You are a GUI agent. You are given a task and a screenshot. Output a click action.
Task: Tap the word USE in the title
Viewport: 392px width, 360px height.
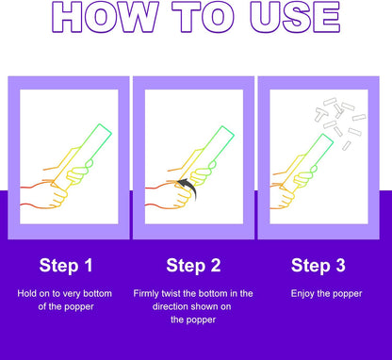295,17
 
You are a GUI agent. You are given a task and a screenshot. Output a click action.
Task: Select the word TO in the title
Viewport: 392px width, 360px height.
204,17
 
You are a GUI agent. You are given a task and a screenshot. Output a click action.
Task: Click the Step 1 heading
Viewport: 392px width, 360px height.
66,265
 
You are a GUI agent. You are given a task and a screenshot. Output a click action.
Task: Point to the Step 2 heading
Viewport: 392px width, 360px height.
193,265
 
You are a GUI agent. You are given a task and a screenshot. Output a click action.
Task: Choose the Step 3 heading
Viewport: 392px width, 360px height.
318,265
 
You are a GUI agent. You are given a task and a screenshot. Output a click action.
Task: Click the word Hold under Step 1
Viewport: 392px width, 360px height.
26,293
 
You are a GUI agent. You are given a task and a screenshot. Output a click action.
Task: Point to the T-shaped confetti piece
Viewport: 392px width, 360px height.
321,114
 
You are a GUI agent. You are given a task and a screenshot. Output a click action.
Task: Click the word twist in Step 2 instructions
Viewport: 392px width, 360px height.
171,293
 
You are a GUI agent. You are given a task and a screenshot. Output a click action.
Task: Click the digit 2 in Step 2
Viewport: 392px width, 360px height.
216,265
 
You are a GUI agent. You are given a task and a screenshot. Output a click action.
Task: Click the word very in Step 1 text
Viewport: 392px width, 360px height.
71,294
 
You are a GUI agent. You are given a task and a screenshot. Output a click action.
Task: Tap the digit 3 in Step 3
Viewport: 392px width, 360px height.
340,265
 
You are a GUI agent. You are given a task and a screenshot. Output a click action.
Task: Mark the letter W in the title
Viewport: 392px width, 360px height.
139,17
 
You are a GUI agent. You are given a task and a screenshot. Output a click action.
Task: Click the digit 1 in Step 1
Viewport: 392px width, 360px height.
89,265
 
